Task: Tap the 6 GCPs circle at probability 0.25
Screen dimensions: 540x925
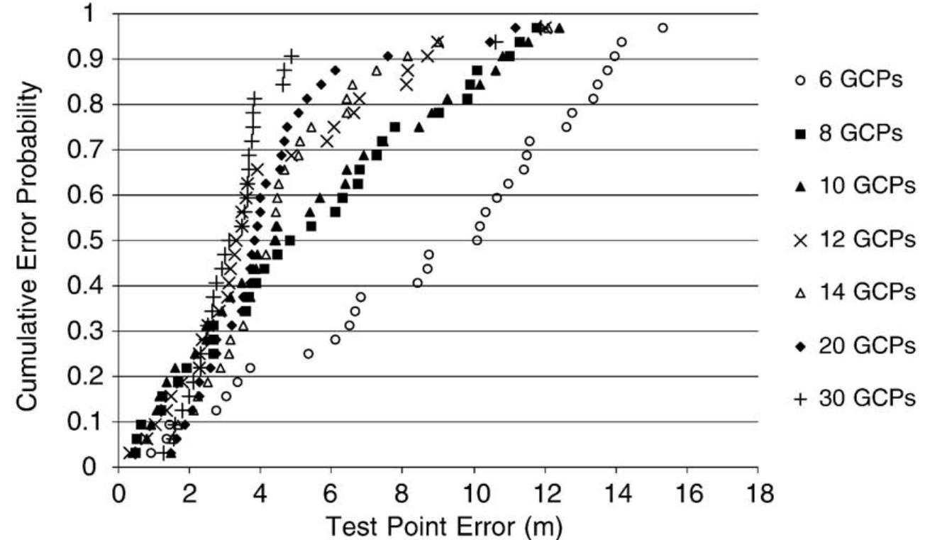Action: [308, 353]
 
